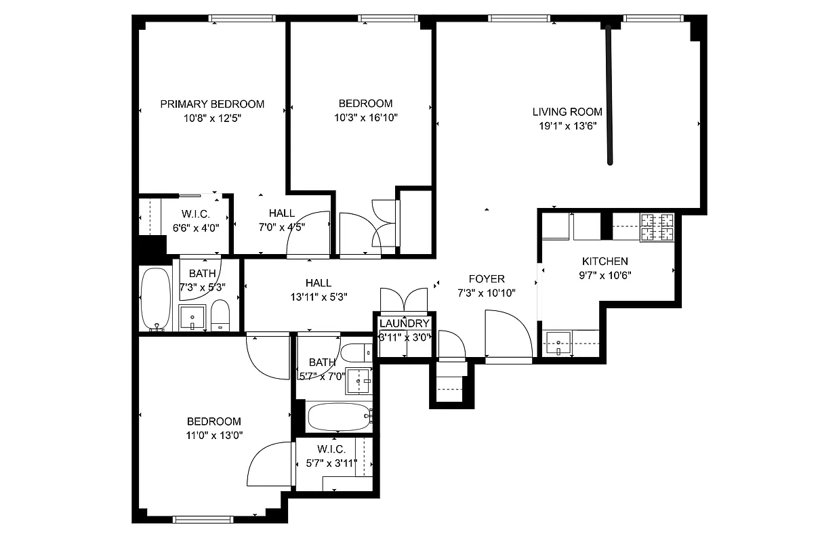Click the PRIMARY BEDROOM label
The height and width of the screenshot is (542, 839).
(x=212, y=104)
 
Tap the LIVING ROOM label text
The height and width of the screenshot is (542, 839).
(x=567, y=112)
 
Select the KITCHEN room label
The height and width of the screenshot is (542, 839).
(x=605, y=262)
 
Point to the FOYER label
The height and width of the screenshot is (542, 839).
(x=487, y=279)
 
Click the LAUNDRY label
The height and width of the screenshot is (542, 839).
(x=404, y=324)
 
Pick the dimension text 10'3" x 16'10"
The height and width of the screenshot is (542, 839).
(x=365, y=117)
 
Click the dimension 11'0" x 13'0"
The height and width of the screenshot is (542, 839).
(x=214, y=435)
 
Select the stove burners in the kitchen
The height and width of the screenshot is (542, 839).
(x=657, y=227)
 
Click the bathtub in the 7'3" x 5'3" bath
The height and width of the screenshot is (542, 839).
(x=157, y=298)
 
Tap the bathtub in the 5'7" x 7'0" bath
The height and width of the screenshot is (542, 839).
(x=339, y=417)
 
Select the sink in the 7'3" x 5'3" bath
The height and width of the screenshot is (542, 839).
(x=192, y=317)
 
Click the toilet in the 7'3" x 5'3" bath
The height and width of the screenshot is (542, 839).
(x=221, y=316)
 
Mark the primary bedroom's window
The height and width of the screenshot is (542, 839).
(x=232, y=18)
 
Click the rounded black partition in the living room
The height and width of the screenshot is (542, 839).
(x=610, y=95)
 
